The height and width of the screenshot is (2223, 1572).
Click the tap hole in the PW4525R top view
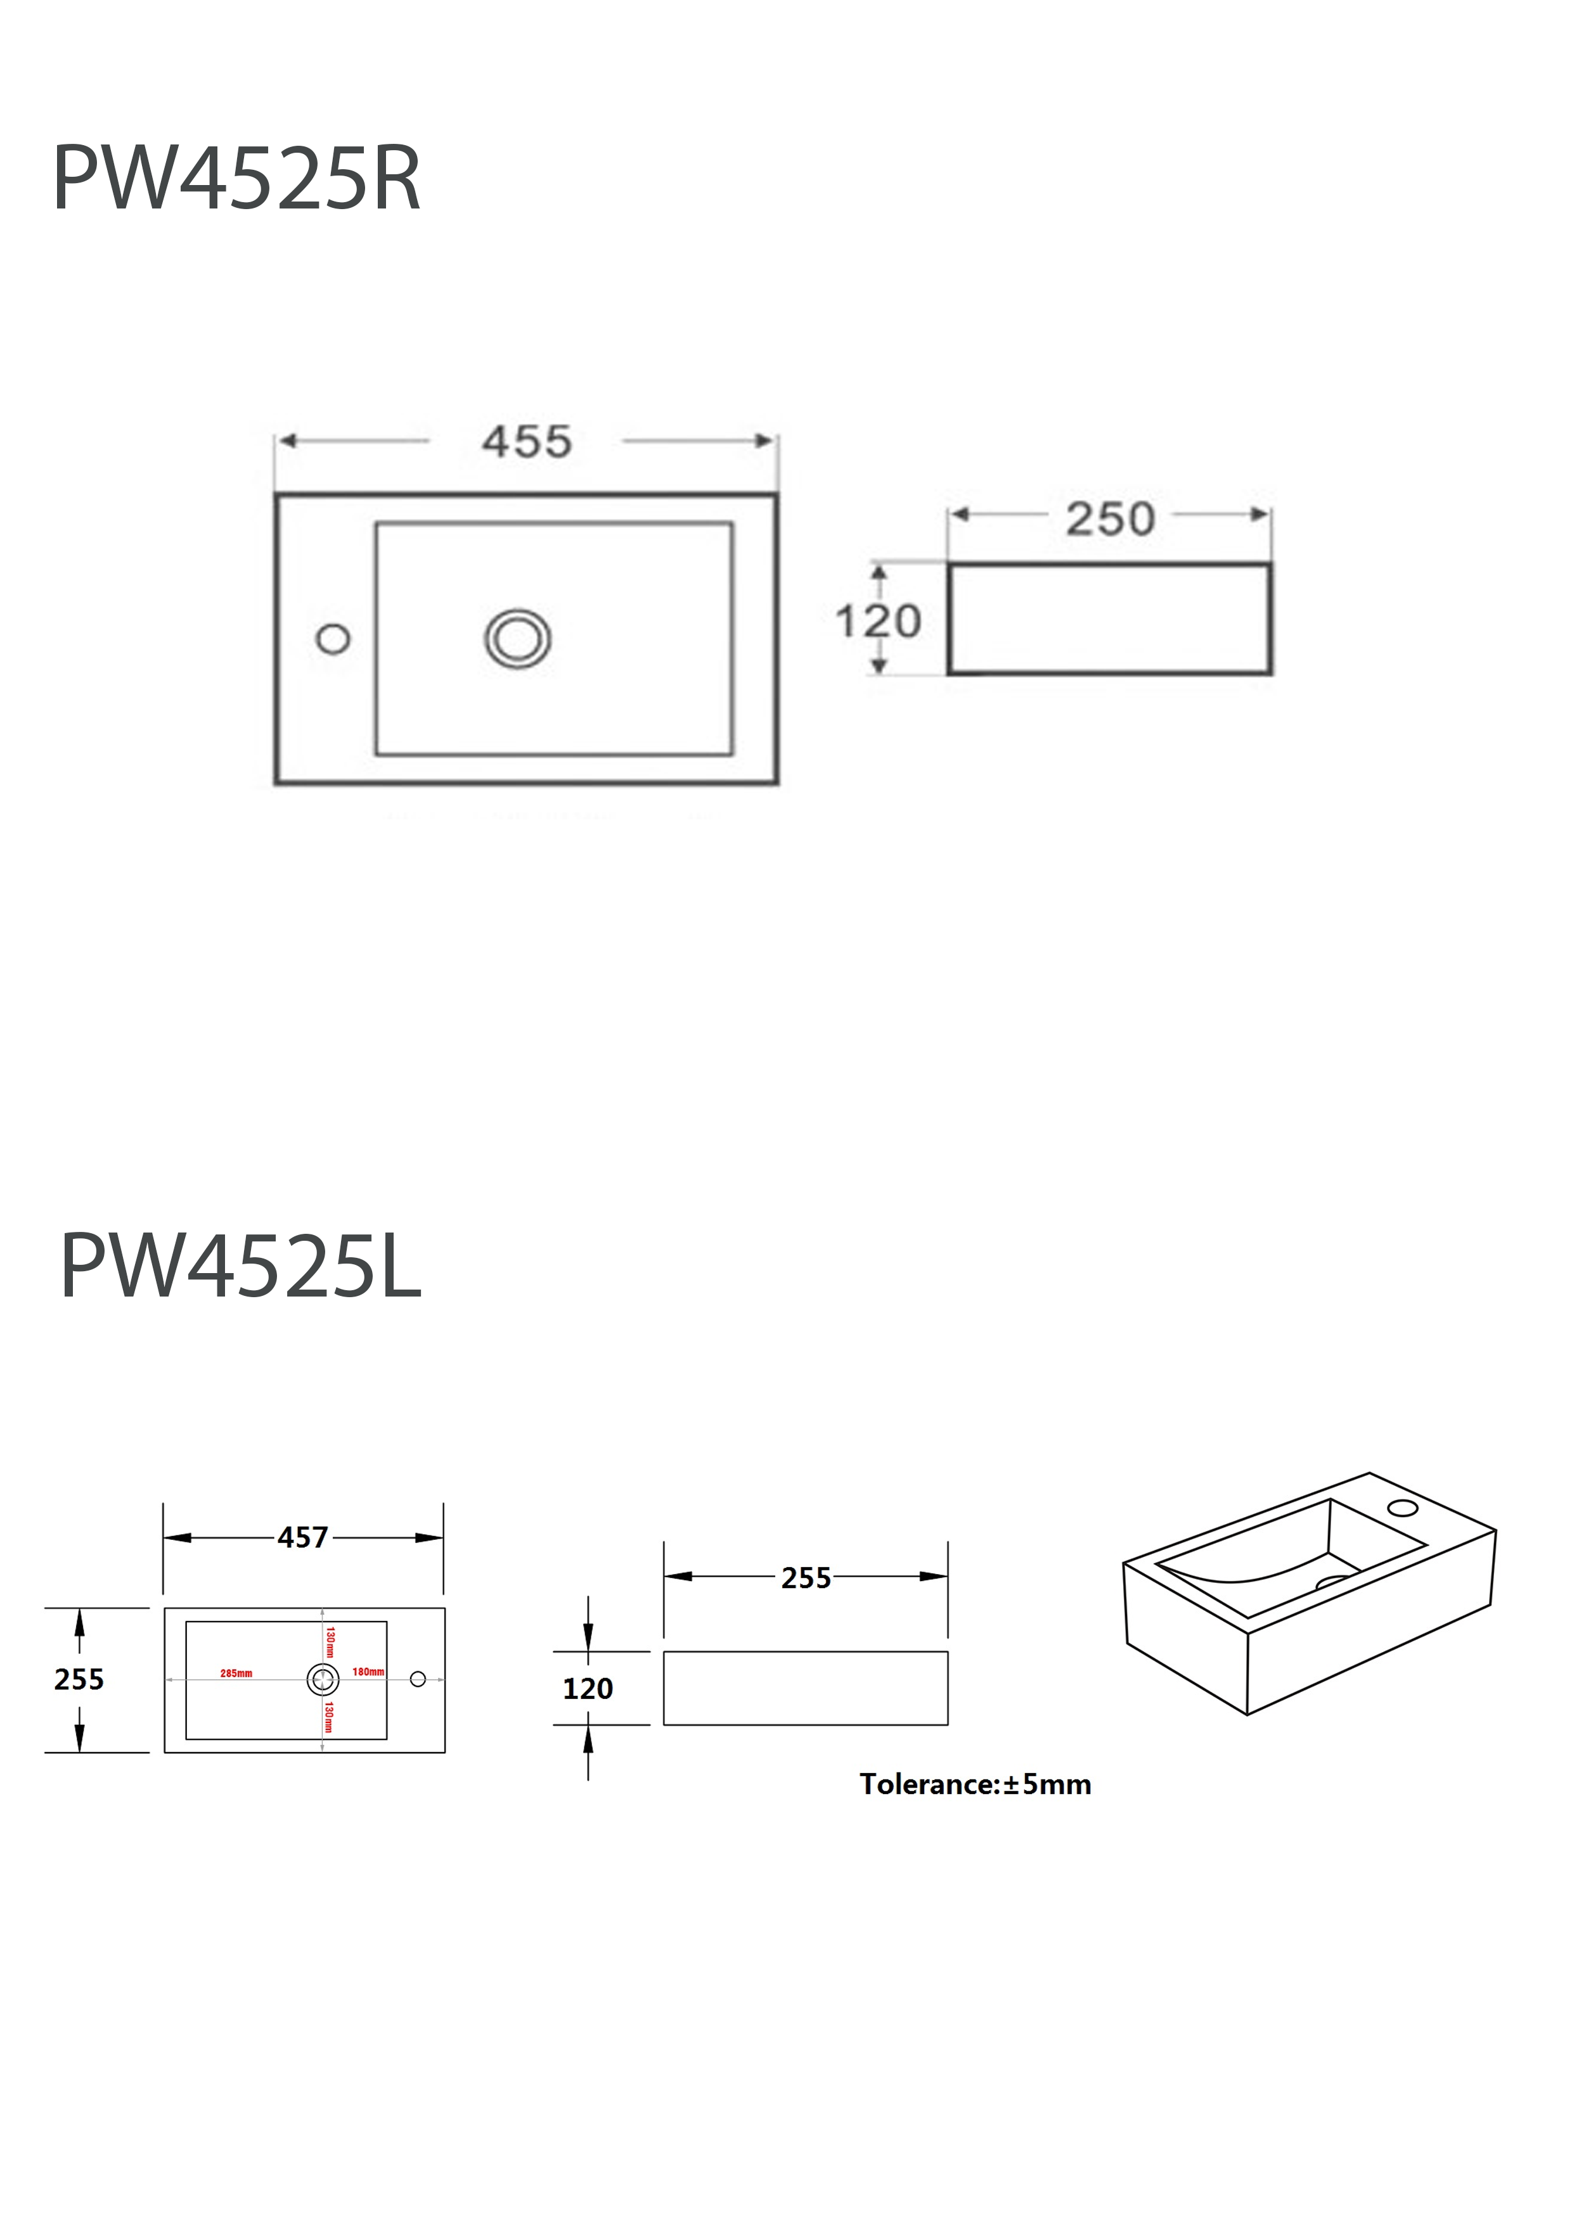333,639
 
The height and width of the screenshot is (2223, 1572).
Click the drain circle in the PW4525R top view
518,639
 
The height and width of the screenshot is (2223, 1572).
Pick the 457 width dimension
303,1537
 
